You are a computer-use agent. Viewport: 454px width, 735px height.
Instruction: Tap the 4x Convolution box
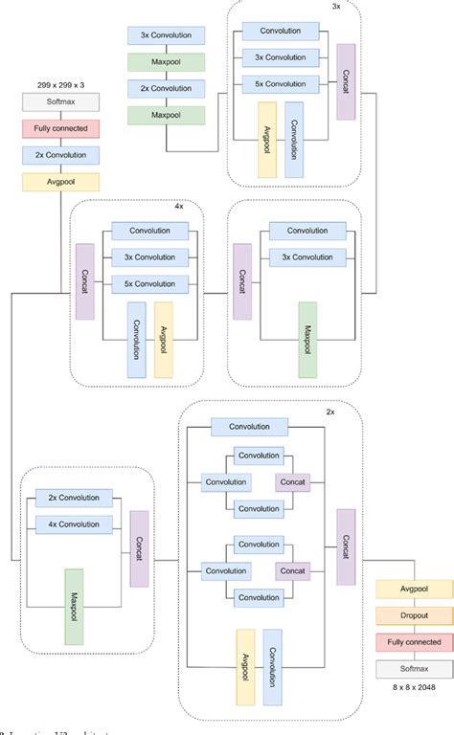(74, 523)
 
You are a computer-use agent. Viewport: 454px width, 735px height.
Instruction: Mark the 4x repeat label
(179, 206)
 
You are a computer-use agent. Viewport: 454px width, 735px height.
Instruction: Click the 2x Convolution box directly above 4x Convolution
(74, 499)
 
